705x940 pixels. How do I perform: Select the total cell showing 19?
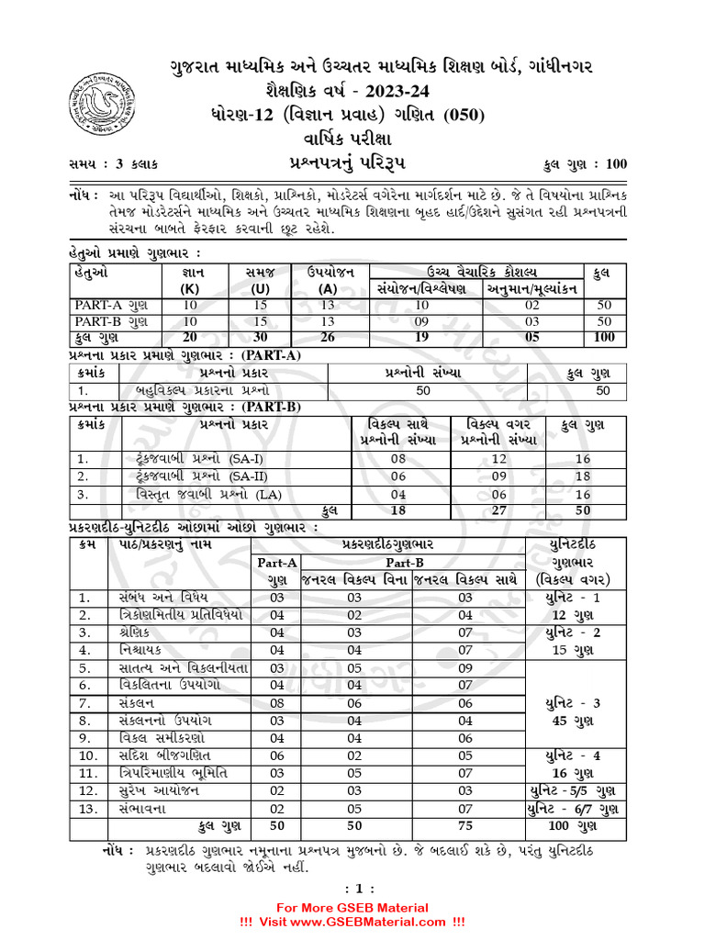[x=422, y=337]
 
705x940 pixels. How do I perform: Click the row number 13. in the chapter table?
[x=88, y=807]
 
